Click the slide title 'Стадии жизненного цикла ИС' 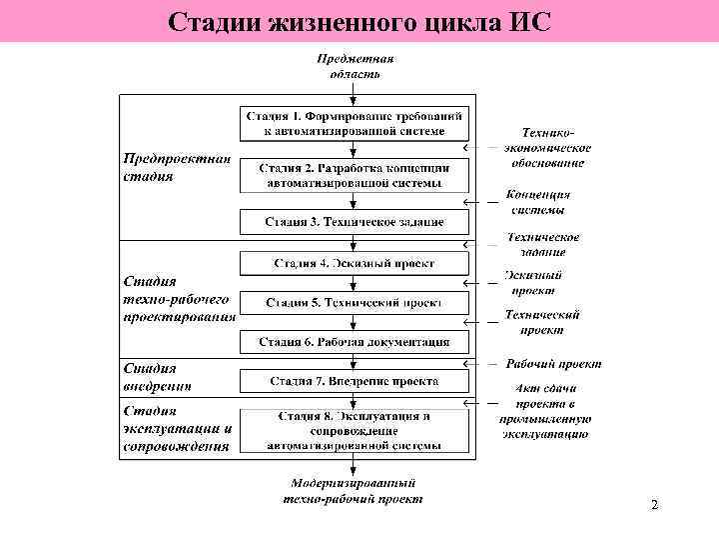359,21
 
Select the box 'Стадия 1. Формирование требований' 355,123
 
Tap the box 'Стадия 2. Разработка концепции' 355,175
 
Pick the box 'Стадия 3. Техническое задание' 355,221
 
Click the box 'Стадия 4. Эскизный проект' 355,263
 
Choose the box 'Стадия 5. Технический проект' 355,302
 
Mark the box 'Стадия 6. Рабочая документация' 355,342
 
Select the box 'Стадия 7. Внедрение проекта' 355,381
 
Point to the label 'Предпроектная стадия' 177,167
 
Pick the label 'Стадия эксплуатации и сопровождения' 178,428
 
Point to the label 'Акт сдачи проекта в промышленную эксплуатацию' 543,411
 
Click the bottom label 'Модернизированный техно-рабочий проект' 354,491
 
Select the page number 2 654,506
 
